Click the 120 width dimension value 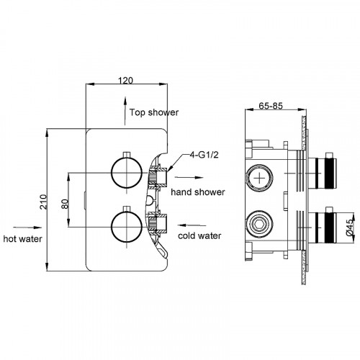pyautogui.click(x=125, y=80)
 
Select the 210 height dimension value pyautogui.click(x=43, y=202)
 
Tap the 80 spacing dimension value pyautogui.click(x=65, y=204)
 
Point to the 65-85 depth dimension pyautogui.click(x=271, y=106)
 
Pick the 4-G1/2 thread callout pyautogui.click(x=204, y=155)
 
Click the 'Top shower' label pyautogui.click(x=154, y=112)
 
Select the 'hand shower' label pyautogui.click(x=198, y=192)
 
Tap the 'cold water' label pyautogui.click(x=199, y=235)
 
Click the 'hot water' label pyautogui.click(x=22, y=239)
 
